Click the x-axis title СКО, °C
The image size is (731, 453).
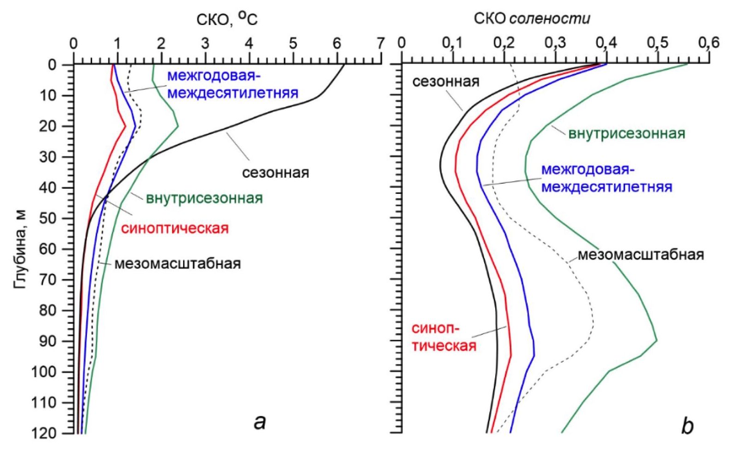pos(227,19)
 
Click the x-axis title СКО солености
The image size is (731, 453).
pos(532,19)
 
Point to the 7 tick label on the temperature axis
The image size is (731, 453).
pos(380,44)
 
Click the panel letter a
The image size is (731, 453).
pos(260,422)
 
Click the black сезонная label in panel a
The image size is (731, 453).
pos(276,173)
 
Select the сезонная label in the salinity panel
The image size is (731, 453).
pos(446,82)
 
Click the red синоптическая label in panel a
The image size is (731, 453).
pos(175,228)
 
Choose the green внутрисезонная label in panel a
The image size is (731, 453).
pos(204,198)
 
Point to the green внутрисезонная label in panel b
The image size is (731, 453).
pos(627,134)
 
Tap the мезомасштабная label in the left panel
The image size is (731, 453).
pos(178,264)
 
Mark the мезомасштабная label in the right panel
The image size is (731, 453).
pos(641,254)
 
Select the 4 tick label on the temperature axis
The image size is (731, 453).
pos(249,44)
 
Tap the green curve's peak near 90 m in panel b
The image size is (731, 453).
pos(657,341)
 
